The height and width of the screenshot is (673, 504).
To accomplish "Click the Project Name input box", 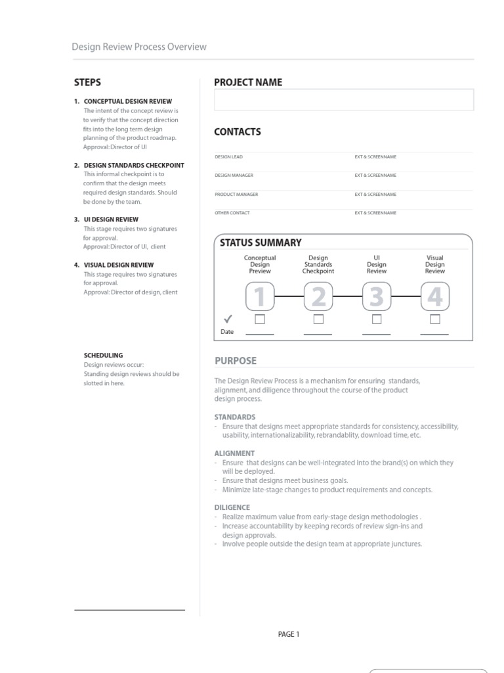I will coord(343,100).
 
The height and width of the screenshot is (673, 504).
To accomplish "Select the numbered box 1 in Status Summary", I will coord(260,296).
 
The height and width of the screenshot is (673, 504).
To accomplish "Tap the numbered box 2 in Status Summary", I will coord(318,296).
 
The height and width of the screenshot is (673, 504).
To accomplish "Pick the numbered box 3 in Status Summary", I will coord(376,296).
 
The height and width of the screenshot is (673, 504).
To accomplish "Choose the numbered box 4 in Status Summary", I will coord(434,296).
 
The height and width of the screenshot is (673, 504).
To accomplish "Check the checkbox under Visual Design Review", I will coord(434,319).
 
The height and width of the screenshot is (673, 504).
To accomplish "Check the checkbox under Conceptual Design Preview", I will coord(260,319).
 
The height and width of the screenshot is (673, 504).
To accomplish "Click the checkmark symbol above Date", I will coord(228,319).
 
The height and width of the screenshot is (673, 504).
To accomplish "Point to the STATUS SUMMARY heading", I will coord(261,243).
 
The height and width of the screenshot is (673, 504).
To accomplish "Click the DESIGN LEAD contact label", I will coord(228,157).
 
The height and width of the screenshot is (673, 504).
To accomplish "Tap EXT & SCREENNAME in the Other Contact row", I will coord(375,213).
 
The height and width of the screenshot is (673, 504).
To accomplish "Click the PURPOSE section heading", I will coord(236,361).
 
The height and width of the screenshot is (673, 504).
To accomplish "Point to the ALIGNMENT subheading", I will coord(234,453).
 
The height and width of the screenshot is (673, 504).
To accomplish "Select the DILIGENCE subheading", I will coord(232,507).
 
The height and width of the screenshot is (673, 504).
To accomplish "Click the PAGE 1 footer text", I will coord(289,634).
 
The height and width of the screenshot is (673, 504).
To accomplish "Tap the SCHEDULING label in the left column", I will coord(103,356).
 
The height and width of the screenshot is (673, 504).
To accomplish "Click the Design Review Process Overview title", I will coord(139,47).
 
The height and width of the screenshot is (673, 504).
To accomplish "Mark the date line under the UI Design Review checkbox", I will coord(376,334).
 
